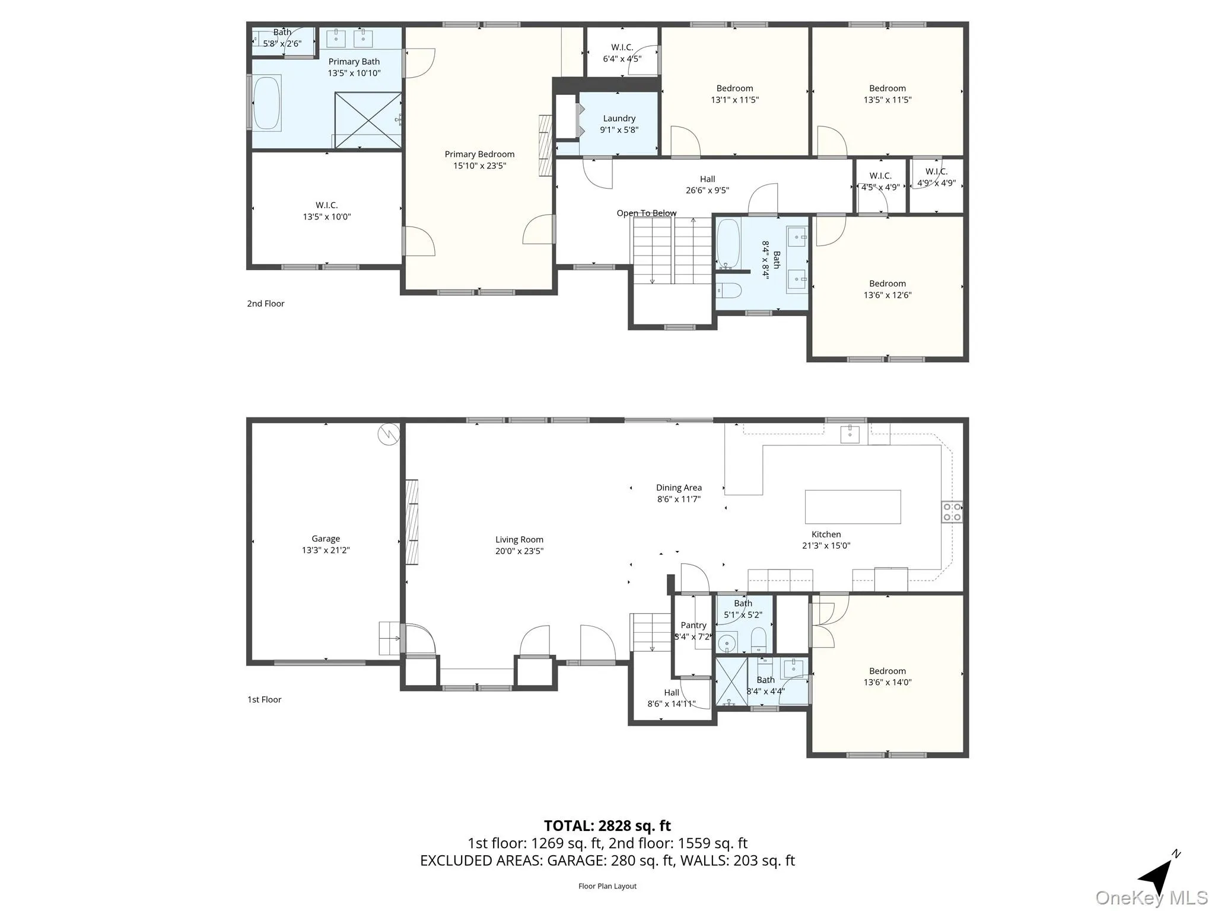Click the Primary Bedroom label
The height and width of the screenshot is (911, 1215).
(x=479, y=154)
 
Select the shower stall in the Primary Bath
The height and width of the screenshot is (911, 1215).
(x=368, y=120)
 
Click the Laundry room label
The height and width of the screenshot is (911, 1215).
(x=619, y=119)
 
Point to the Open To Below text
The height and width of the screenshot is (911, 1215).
(x=646, y=213)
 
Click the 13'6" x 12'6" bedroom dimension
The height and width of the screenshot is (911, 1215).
(x=887, y=295)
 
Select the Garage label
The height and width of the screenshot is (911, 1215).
(x=326, y=539)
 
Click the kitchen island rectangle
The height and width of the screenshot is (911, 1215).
(x=853, y=507)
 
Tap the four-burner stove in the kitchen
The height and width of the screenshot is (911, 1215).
(x=952, y=512)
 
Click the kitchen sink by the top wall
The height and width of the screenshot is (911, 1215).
(x=850, y=434)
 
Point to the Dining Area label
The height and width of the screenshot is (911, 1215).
(x=679, y=488)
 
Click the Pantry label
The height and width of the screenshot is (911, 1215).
(x=693, y=625)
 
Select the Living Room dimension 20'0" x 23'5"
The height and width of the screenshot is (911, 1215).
(x=519, y=551)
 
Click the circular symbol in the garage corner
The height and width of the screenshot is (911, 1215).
(x=388, y=435)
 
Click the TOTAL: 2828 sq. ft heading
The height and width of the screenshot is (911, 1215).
(x=607, y=826)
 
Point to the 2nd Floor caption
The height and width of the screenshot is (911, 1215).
(x=266, y=304)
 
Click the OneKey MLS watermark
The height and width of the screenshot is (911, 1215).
(x=1151, y=897)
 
